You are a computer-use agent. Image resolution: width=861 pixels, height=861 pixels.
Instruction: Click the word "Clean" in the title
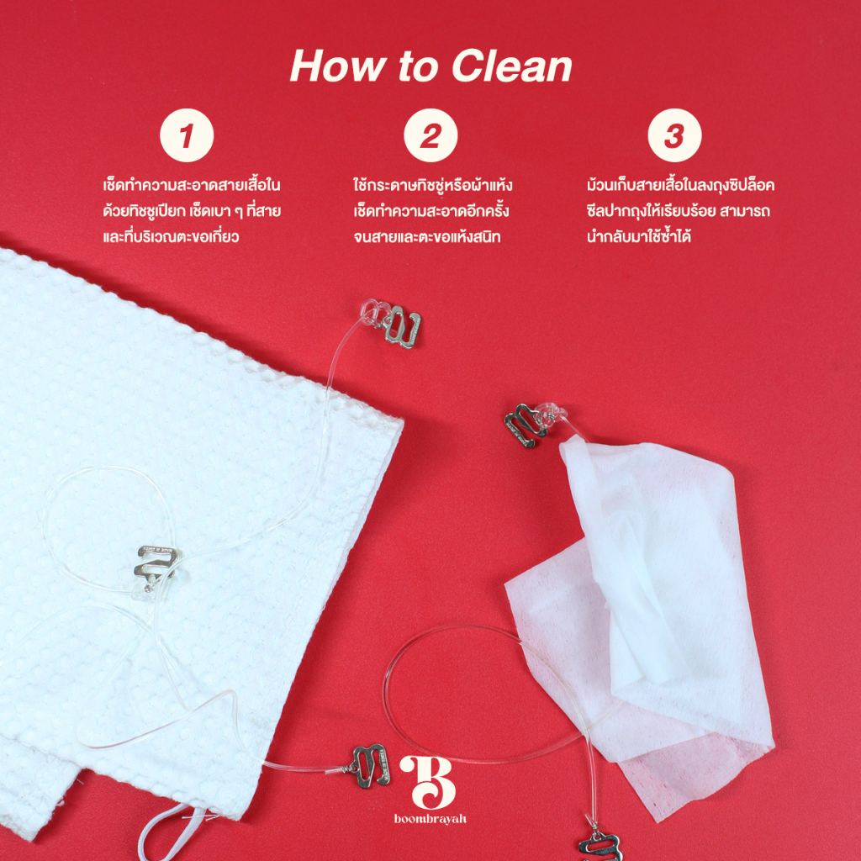(512, 67)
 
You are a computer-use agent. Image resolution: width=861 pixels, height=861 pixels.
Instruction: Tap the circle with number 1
(187, 135)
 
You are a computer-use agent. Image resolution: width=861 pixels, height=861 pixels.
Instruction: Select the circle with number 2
(430, 135)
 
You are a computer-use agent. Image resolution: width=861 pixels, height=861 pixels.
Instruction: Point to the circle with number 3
(674, 135)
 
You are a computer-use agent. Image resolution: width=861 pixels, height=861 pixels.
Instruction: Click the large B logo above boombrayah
(429, 782)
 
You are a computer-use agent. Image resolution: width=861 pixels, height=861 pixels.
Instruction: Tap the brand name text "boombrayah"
(430, 819)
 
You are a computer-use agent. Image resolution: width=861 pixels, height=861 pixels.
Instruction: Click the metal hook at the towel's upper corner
(401, 326)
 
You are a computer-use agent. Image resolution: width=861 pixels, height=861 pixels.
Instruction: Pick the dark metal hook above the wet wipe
(525, 425)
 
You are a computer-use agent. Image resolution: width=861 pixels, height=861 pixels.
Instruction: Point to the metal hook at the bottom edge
(600, 847)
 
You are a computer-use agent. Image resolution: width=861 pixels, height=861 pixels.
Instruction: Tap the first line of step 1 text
(192, 184)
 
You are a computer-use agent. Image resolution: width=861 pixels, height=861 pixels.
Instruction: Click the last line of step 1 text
(171, 236)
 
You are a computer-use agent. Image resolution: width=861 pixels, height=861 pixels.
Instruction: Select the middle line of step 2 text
(431, 211)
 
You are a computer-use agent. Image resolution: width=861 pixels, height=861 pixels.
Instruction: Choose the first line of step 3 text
(680, 184)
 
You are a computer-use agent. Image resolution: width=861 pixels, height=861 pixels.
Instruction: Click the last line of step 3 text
(639, 236)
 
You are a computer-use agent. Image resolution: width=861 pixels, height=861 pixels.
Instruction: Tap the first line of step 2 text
(433, 184)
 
